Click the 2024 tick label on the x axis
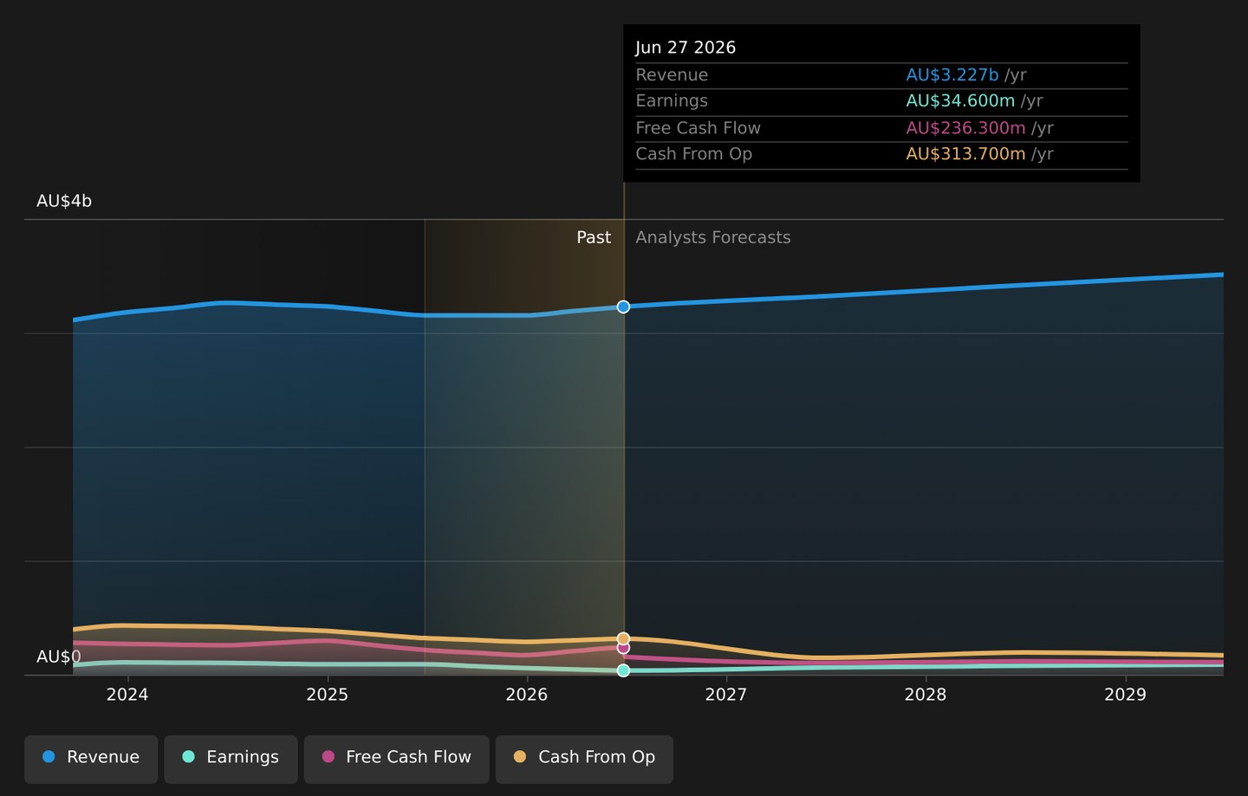[127, 695]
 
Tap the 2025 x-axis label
[327, 695]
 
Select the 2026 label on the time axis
[527, 695]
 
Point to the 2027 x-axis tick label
[726, 695]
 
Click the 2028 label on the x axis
[926, 695]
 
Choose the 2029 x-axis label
[1126, 695]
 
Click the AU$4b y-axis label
[64, 201]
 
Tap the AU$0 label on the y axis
[59, 657]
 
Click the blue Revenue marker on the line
[623, 307]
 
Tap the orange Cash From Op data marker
[623, 638]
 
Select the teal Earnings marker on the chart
[623, 670]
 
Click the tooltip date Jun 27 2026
[686, 48]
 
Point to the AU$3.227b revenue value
[952, 74]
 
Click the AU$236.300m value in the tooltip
[965, 128]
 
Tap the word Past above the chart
[594, 237]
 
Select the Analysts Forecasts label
[713, 237]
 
